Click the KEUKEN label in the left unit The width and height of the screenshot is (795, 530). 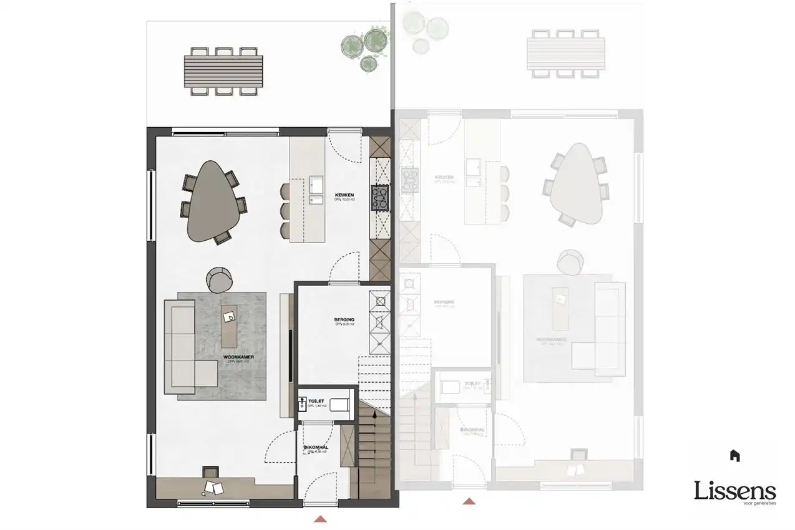[345, 194]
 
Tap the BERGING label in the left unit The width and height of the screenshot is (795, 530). [344, 320]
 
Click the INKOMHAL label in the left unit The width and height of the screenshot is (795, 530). [316, 448]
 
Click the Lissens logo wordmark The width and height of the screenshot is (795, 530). [735, 491]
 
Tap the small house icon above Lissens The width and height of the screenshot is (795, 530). [735, 456]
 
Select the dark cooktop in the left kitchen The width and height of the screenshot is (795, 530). [379, 197]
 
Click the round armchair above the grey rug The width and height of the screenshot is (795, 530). [219, 279]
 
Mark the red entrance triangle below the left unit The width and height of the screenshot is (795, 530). [320, 518]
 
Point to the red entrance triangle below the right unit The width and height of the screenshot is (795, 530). [469, 501]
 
